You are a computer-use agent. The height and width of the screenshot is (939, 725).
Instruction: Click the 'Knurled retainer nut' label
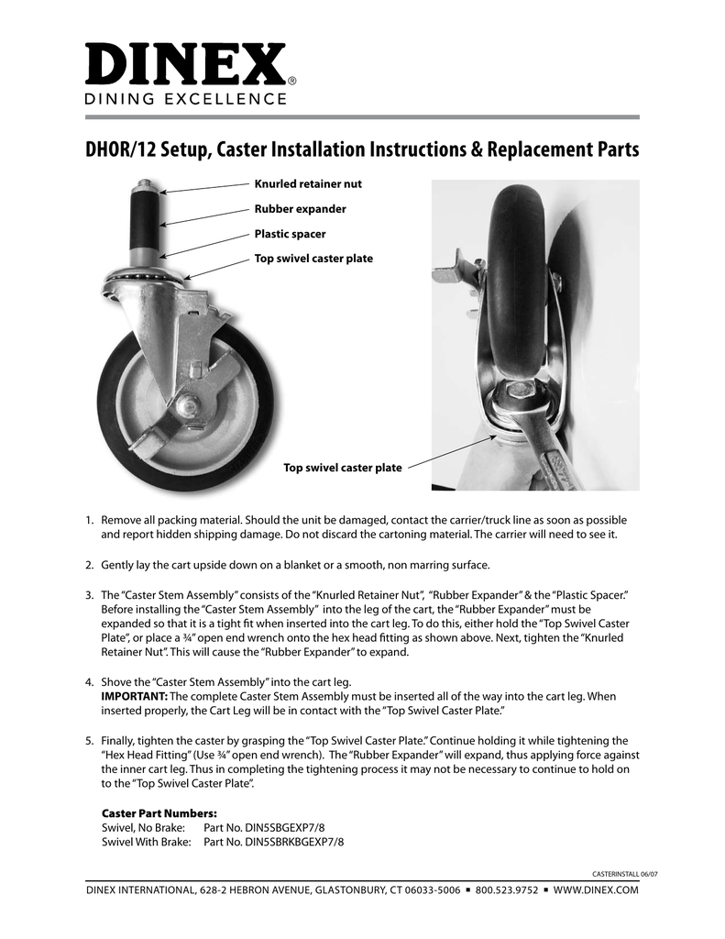[x=307, y=184]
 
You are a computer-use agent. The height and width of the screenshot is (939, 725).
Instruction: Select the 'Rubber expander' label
[x=300, y=209]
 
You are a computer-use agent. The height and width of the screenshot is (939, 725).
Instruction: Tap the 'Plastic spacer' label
[x=290, y=234]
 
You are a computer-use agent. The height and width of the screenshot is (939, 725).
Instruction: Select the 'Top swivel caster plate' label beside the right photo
[x=342, y=468]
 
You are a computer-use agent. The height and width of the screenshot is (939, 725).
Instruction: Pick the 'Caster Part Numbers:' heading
[x=159, y=812]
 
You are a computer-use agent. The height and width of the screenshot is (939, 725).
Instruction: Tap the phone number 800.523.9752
[x=505, y=890]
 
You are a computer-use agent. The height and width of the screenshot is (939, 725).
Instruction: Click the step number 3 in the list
[x=90, y=594]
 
